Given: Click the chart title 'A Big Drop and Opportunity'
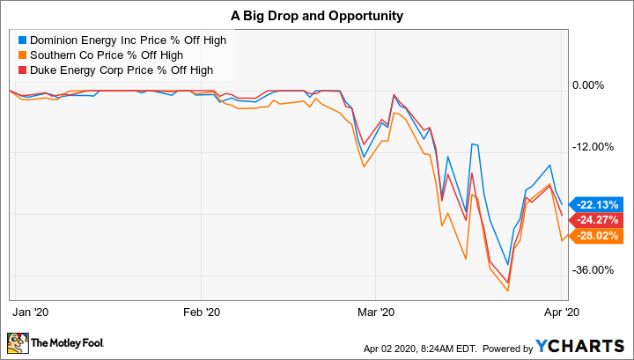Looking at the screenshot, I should [316, 16].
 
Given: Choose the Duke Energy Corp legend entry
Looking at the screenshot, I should [116, 69].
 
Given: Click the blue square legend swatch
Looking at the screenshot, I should [23, 40].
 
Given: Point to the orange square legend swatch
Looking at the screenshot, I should [23, 55].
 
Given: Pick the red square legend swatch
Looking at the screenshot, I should [23, 69].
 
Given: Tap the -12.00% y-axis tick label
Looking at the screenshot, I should [591, 147].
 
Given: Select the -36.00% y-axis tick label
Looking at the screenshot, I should [591, 270].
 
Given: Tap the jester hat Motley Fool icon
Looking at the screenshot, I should [18, 342].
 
